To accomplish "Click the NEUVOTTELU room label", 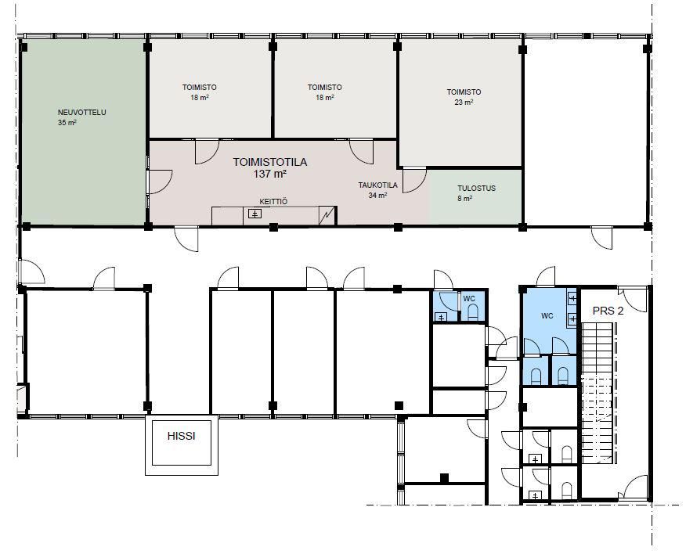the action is (81, 113).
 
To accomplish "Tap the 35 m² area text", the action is (67, 123).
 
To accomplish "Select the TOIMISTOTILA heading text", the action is (270, 162).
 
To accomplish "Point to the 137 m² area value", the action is (270, 174).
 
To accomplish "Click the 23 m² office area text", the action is (464, 103).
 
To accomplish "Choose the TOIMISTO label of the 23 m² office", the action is (464, 92).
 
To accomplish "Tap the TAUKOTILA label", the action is (378, 185).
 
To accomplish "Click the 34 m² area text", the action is (377, 196).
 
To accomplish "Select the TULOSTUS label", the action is (476, 189).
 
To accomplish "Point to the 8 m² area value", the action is (464, 199).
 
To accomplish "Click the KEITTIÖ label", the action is (273, 202).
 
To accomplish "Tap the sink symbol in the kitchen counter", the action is (255, 214).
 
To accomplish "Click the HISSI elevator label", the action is (181, 436).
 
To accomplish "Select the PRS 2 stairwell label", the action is (608, 311).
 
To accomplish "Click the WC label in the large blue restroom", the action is (547, 315).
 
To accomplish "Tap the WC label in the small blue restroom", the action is (469, 299).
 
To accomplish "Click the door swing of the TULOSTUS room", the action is (414, 181).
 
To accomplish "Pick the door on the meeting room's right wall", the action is (160, 182).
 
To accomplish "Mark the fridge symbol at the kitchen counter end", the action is (327, 215).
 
